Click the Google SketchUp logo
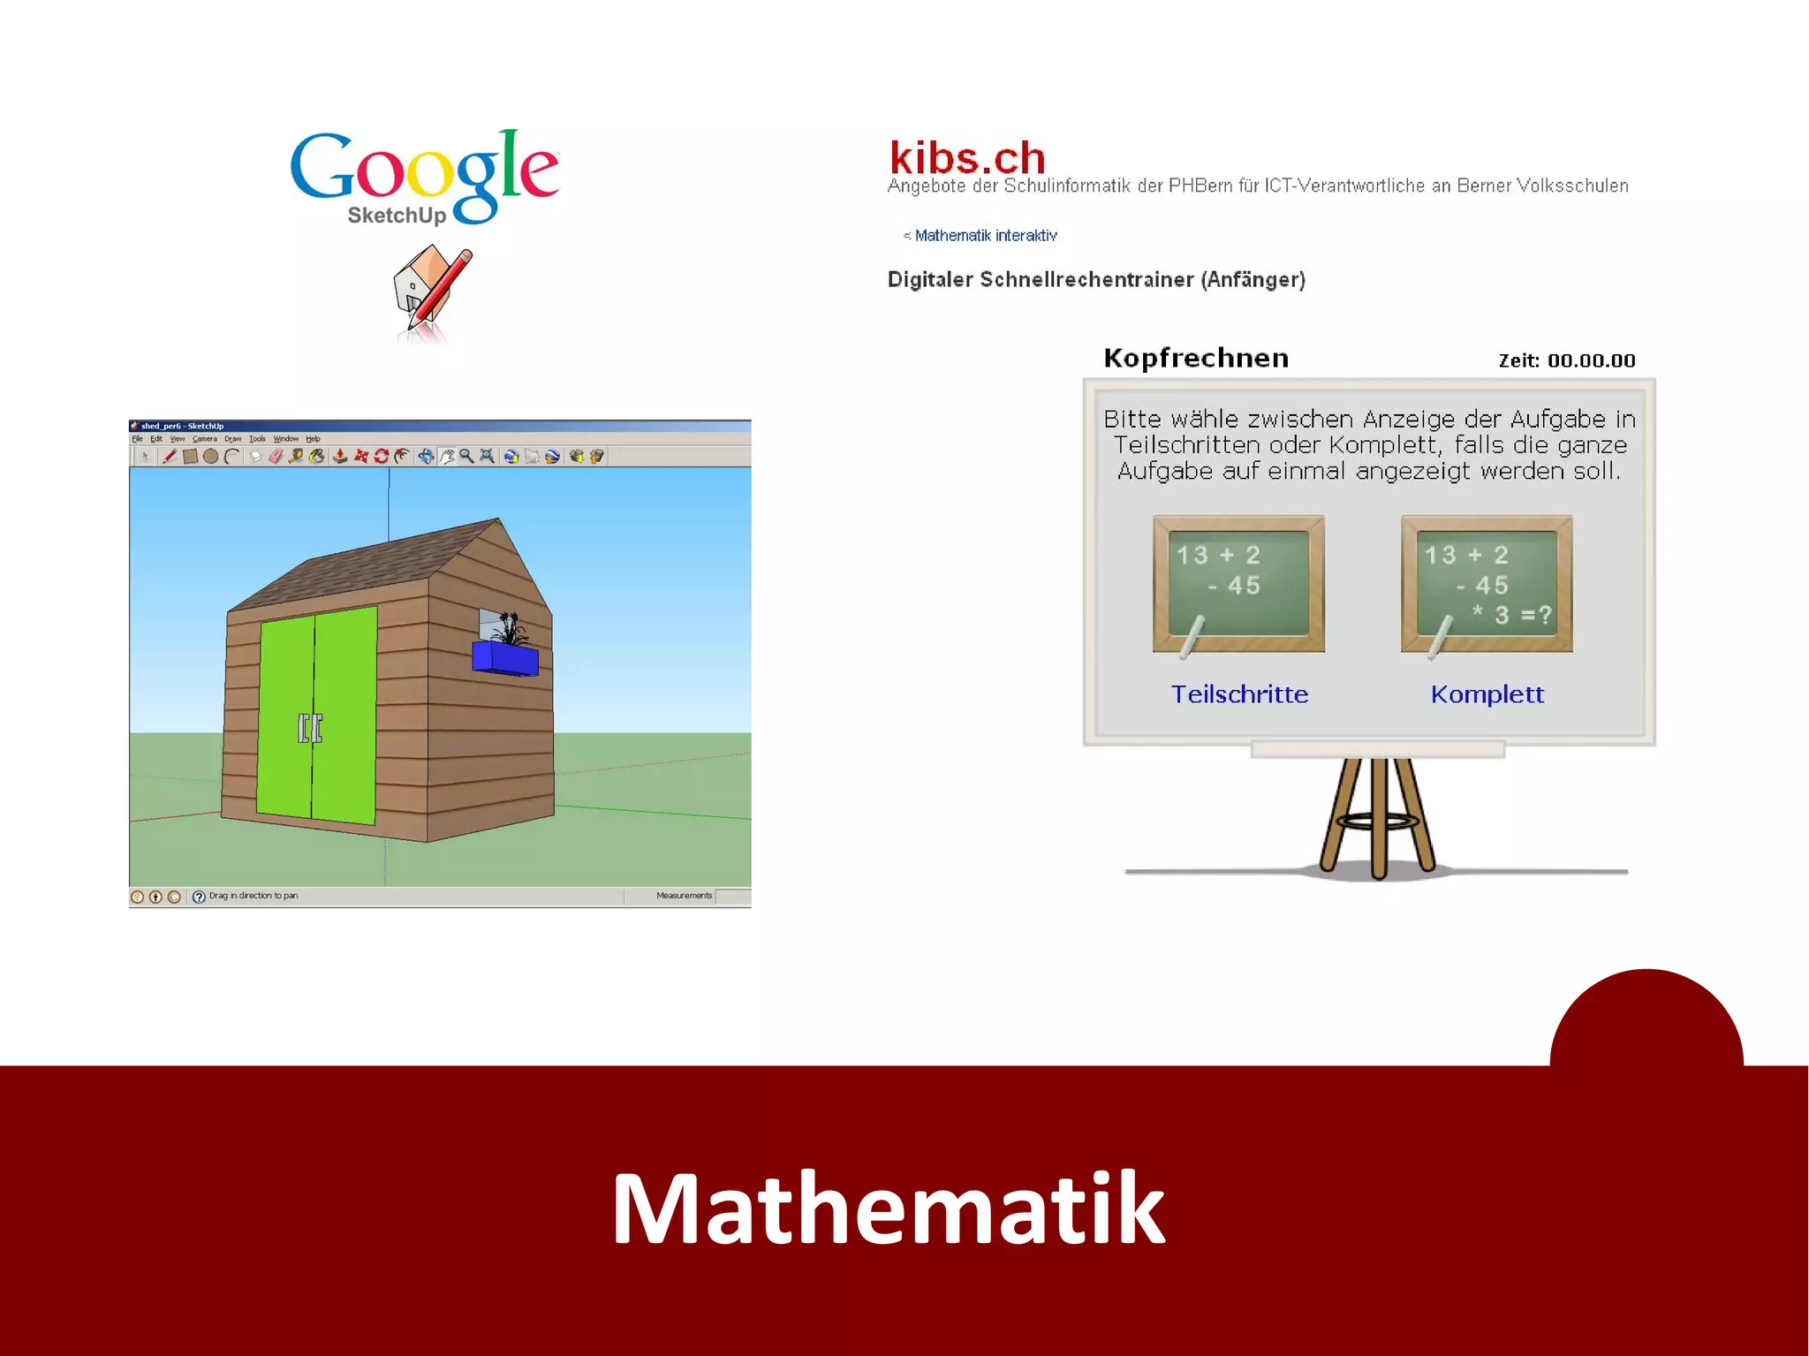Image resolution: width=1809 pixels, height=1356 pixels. point(425,177)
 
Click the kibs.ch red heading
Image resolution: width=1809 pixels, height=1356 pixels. point(967,158)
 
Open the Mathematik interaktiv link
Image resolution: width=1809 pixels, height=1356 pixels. point(985,236)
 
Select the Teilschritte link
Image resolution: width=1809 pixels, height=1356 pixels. point(1239,694)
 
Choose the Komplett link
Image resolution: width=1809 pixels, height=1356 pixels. point(1487,694)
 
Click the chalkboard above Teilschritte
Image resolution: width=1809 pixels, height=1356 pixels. point(1238,584)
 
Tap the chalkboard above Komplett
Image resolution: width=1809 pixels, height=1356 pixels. point(1487,584)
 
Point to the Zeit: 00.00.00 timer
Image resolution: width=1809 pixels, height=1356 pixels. point(1566,360)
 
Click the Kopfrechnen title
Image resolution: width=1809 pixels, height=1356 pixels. point(1196,358)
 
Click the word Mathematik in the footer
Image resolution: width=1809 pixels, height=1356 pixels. point(888,1208)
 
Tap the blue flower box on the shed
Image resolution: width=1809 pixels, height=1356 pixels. point(505,658)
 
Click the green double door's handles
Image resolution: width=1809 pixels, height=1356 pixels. point(310,728)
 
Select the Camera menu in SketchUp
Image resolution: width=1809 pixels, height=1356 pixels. point(204,439)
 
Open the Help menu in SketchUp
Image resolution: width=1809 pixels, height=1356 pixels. point(313,439)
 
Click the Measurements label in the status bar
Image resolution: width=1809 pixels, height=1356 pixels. point(684,896)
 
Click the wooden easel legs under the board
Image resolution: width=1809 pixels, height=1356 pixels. point(1377,817)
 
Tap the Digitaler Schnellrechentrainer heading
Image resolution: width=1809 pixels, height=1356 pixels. point(1096,280)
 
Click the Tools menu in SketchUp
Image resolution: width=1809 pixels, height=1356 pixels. point(257,439)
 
